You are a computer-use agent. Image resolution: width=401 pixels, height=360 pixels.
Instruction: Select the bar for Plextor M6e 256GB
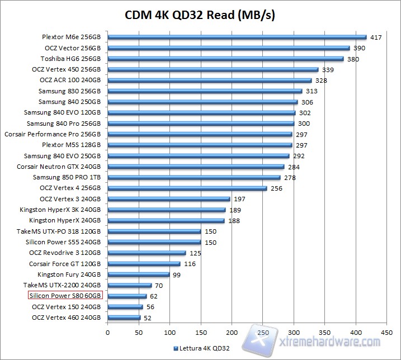[x=237, y=37]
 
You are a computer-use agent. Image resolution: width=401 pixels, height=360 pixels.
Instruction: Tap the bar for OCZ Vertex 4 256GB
[x=187, y=188]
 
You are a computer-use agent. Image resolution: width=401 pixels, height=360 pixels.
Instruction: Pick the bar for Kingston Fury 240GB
[x=138, y=274]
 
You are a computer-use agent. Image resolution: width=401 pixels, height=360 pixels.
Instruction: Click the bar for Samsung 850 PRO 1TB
[x=194, y=178]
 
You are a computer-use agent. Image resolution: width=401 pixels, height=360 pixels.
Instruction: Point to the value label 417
[x=376, y=37]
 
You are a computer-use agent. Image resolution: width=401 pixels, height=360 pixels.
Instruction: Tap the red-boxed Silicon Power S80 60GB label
[x=65, y=296]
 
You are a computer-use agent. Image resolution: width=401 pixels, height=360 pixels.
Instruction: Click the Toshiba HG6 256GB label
[x=70, y=59]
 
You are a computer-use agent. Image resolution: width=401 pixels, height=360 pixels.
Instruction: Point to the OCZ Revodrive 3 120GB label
[x=64, y=253]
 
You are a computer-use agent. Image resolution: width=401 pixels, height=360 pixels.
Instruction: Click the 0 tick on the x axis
[x=107, y=330]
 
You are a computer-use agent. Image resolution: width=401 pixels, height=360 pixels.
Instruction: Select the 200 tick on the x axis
[x=231, y=330]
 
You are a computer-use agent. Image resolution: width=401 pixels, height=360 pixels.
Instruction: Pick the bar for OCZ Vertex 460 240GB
[x=124, y=318]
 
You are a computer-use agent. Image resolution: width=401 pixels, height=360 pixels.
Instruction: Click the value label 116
[x=190, y=264]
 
